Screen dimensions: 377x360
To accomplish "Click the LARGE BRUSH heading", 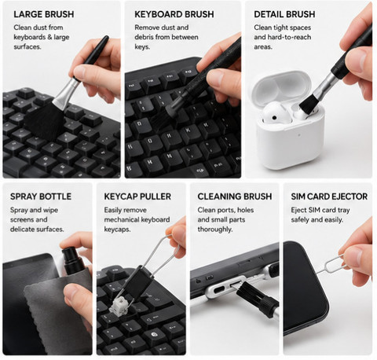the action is click(x=44, y=14).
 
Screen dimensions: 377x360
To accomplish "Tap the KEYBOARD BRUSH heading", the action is click(x=174, y=14).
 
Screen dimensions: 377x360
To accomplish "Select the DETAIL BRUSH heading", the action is click(x=284, y=14).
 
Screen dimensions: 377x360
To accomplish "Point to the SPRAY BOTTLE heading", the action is click(x=41, y=197).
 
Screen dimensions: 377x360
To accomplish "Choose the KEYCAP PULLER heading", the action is click(x=137, y=197).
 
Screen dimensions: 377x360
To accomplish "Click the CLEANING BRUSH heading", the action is click(x=235, y=197).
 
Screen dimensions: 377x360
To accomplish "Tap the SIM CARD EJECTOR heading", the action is click(x=329, y=197).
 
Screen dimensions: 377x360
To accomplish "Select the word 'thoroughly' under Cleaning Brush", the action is click(x=214, y=230).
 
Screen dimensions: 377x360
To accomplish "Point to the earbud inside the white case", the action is click(x=274, y=113).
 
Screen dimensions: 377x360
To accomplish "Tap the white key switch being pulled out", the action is click(x=119, y=304).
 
